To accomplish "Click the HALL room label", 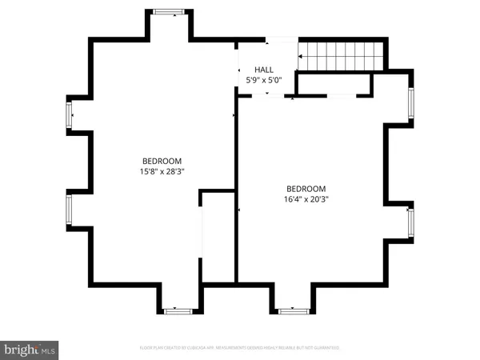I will click(x=264, y=70).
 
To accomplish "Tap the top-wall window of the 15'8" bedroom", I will click(x=168, y=12).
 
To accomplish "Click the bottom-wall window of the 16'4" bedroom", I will click(x=293, y=310).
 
